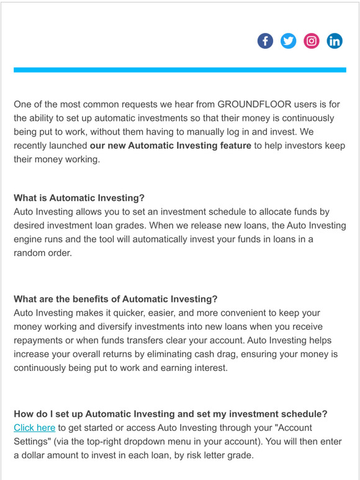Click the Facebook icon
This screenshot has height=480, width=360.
(265, 42)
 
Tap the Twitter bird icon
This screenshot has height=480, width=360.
(288, 42)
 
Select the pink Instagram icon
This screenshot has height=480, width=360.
(312, 42)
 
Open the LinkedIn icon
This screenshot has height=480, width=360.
(335, 42)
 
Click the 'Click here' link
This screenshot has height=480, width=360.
(34, 428)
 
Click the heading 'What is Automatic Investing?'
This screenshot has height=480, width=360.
(79, 198)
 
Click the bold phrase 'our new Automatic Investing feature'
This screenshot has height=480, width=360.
(170, 145)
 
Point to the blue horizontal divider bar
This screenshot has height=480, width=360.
(179, 70)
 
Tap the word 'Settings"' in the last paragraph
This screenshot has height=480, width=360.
(34, 442)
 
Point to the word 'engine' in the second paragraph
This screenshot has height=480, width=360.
(30, 239)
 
